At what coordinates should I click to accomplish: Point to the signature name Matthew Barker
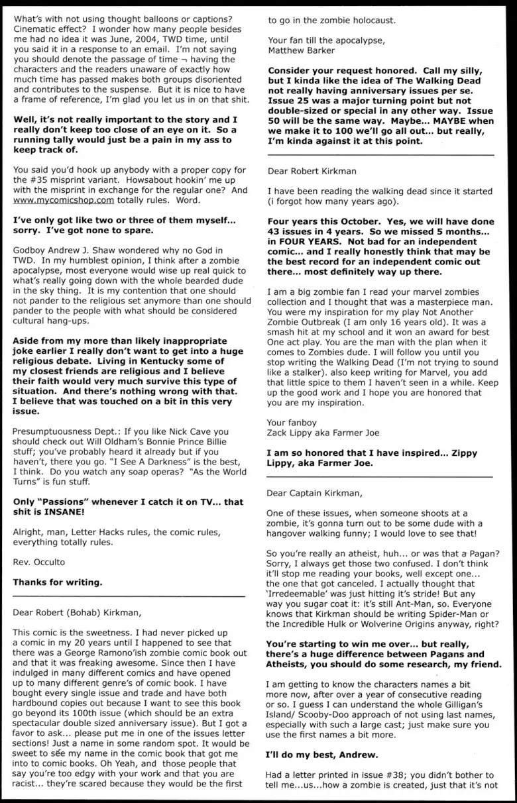click(302, 50)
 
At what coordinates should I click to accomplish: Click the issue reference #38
click(394, 775)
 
